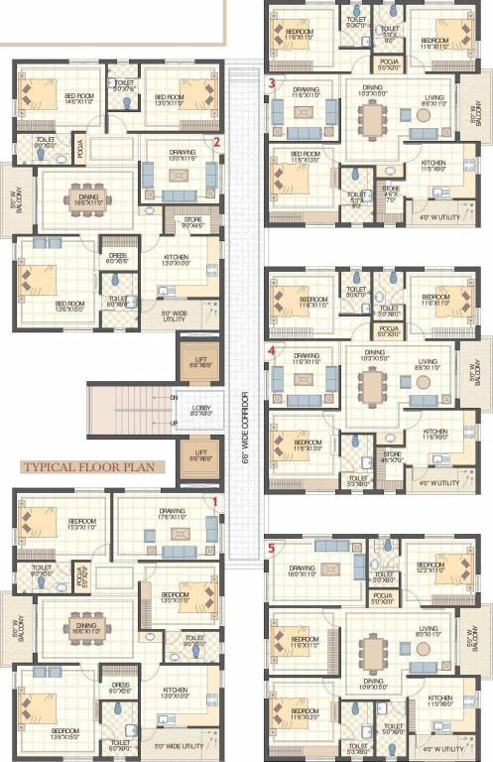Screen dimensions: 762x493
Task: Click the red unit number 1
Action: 212,502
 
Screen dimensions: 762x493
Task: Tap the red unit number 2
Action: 216,142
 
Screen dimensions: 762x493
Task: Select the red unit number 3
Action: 271,83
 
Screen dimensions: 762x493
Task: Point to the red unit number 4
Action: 271,350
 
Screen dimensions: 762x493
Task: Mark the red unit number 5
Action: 271,546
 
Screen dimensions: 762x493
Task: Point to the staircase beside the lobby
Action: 130,410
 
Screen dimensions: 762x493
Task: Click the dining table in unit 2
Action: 85,200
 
